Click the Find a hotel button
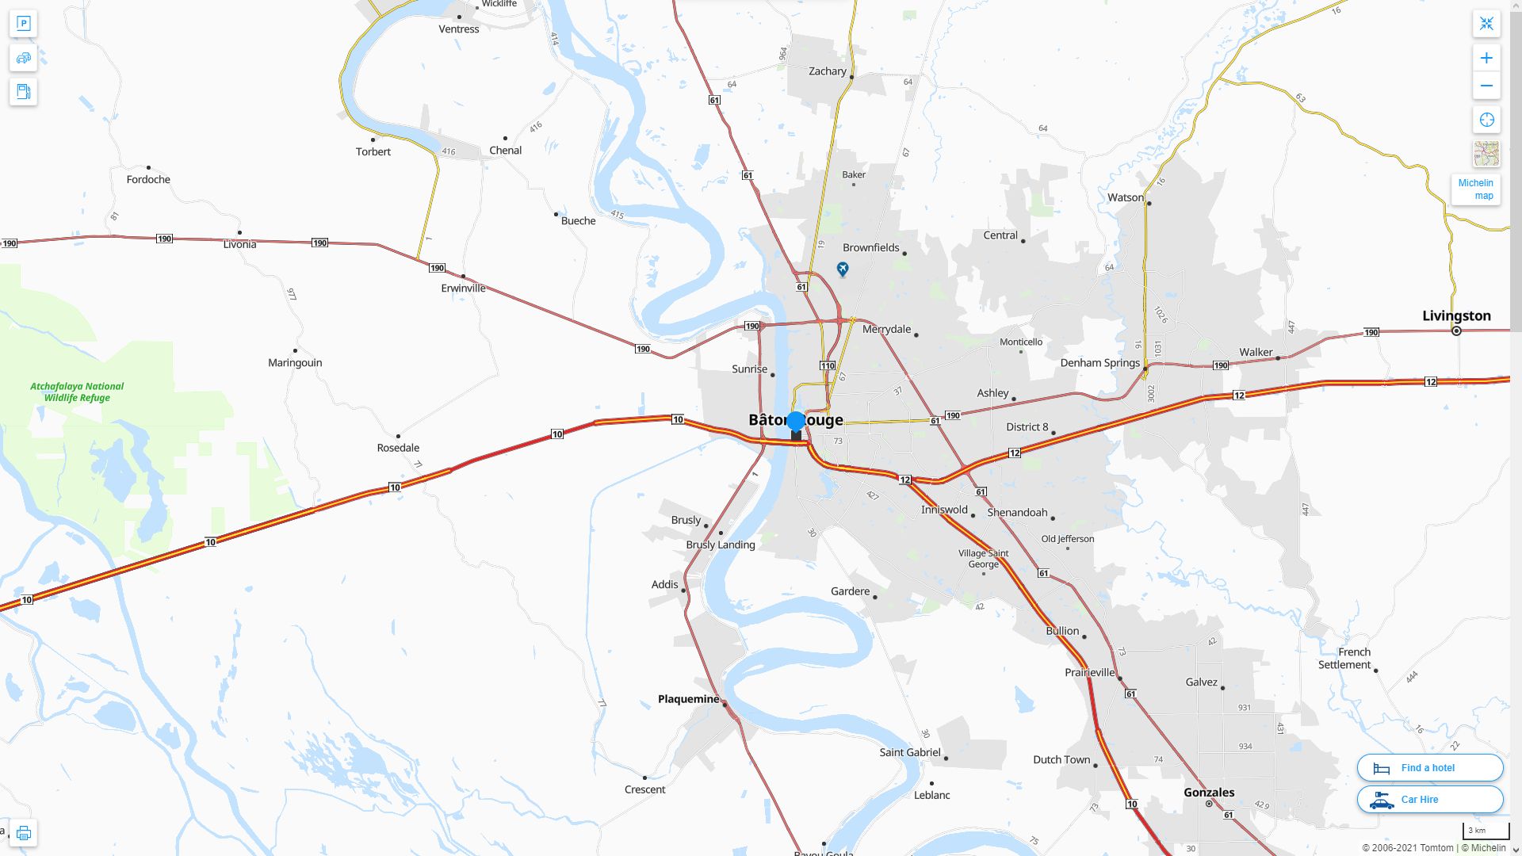[1429, 768]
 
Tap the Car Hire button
[1429, 800]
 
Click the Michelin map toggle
[1475, 189]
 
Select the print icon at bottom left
[23, 833]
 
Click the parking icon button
[23, 24]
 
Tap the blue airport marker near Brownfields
[843, 269]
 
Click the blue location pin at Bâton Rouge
[796, 422]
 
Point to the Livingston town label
[1456, 315]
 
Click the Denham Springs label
[1099, 363]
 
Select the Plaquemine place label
[688, 699]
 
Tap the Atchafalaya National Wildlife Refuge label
[77, 392]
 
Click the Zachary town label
[828, 71]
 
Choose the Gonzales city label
[1209, 793]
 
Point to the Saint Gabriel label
[910, 752]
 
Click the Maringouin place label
[295, 363]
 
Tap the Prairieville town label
[1089, 672]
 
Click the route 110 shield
[828, 365]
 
